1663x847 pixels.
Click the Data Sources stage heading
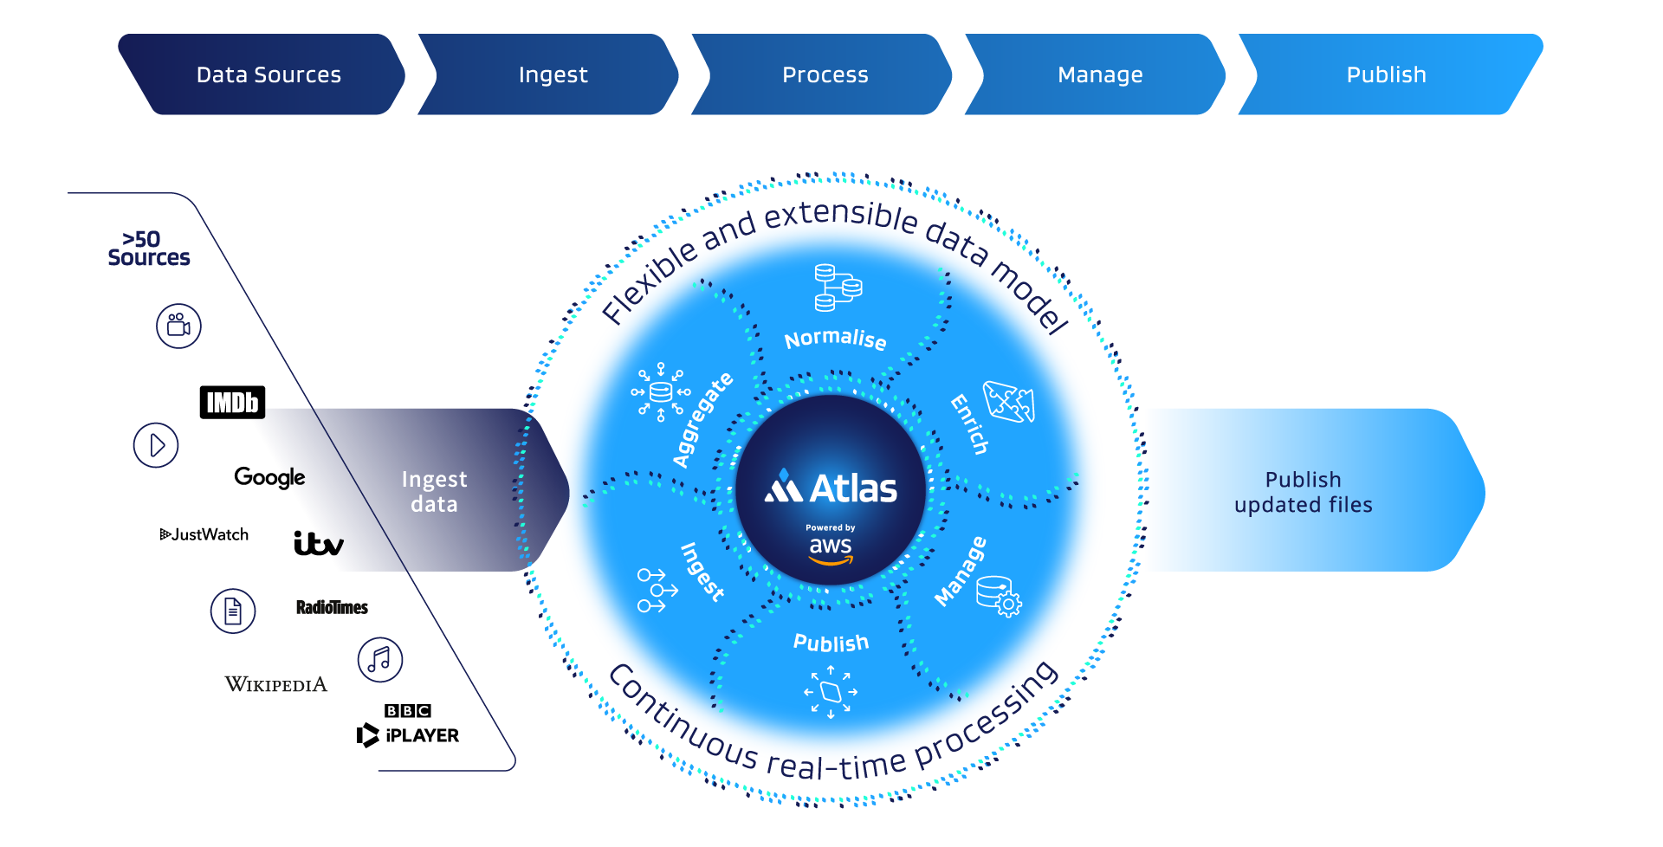[269, 75]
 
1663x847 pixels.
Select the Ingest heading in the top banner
[553, 75]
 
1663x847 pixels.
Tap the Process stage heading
[825, 75]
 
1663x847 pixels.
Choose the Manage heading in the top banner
[1100, 75]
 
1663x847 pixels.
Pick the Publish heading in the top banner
[1386, 75]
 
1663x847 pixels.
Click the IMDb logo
[232, 403]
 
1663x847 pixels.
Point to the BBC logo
[408, 711]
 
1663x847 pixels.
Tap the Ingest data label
[434, 492]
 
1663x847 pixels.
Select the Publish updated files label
[1303, 492]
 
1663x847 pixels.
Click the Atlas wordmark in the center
[831, 488]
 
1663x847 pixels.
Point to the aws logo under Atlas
[831, 549]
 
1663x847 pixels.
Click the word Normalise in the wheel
[835, 339]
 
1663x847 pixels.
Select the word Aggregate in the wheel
[702, 420]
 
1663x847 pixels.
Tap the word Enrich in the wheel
[969, 424]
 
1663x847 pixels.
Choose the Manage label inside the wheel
[961, 572]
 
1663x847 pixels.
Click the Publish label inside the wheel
[831, 643]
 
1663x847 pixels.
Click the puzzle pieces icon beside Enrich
[1009, 402]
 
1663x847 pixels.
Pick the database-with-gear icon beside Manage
[999, 596]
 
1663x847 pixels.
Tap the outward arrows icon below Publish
[831, 692]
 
